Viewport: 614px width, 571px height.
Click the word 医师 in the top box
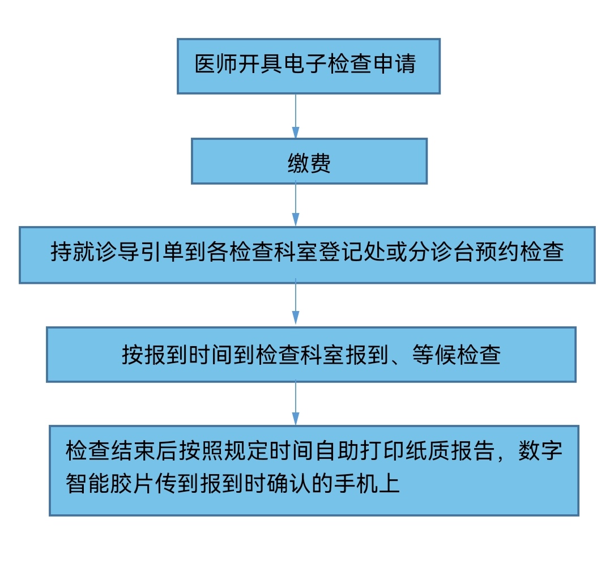click(x=217, y=64)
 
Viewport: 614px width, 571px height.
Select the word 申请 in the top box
click(x=395, y=64)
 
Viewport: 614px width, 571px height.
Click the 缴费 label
click(x=309, y=163)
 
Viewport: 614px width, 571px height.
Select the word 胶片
click(x=133, y=483)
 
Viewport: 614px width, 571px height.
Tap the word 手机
click(x=356, y=483)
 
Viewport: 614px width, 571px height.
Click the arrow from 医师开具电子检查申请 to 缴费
click(x=296, y=116)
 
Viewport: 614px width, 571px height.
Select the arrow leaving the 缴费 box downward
click(x=296, y=204)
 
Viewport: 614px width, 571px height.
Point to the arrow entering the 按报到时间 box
click(x=296, y=301)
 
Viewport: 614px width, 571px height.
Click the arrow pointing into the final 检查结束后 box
click(x=296, y=403)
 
